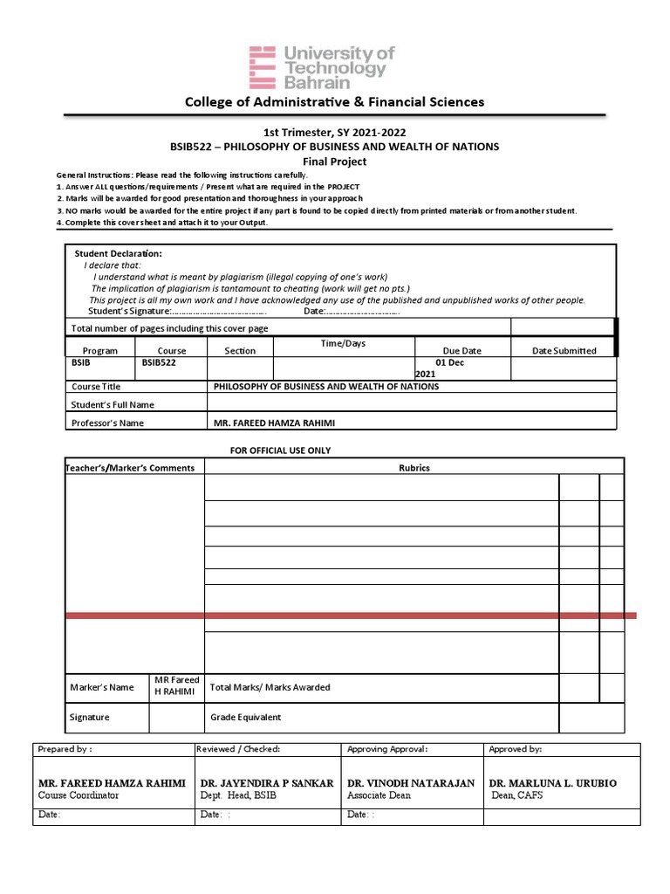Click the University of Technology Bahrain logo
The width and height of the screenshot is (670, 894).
[x=322, y=67]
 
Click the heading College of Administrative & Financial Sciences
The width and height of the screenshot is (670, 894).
[x=334, y=102]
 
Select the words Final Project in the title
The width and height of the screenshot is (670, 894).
[x=334, y=162]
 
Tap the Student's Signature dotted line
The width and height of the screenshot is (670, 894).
[x=218, y=312]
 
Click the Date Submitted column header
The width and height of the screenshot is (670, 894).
[x=564, y=351]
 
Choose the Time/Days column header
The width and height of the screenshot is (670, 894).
[x=343, y=344]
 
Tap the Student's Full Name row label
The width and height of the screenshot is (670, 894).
[x=112, y=404]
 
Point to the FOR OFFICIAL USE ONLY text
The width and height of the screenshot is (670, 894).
[x=280, y=450]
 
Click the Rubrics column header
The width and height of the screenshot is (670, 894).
[x=414, y=468]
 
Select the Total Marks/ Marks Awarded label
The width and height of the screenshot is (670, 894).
[x=270, y=687]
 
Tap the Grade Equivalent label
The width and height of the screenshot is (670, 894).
[x=245, y=718]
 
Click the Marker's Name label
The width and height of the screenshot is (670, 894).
[x=102, y=687]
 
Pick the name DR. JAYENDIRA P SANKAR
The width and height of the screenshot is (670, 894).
[x=267, y=783]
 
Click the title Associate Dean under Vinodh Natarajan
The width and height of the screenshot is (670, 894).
[x=379, y=795]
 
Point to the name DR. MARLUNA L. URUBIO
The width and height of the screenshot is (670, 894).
[x=552, y=783]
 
